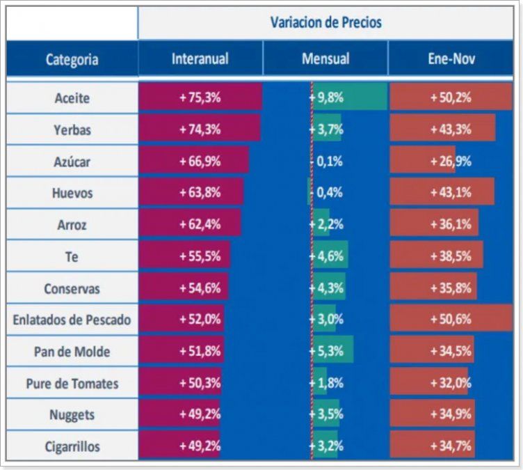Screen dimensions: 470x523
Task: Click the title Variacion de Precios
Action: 325,22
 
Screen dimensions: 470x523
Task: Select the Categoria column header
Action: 72,59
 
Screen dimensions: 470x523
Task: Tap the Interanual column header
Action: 200,58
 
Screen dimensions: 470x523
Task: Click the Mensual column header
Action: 325,58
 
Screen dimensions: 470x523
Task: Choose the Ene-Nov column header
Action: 450,58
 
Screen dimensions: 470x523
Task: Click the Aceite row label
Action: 72,98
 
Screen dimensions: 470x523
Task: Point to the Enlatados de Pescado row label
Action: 72,320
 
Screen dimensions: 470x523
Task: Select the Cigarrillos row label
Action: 72,446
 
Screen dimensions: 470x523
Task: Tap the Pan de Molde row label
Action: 72,352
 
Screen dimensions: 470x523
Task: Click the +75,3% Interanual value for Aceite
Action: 200,97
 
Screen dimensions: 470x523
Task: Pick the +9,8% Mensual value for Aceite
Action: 326,97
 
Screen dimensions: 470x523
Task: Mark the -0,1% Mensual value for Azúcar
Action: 326,161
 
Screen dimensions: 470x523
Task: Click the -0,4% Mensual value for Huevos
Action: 326,193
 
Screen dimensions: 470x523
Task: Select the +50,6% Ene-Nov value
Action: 450,320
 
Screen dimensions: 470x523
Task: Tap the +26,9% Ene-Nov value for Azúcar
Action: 450,161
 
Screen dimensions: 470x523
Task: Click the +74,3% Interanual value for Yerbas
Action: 200,130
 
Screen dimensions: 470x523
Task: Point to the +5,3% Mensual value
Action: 326,351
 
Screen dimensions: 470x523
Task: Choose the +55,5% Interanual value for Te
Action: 200,256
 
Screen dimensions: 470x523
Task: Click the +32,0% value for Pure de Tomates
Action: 450,383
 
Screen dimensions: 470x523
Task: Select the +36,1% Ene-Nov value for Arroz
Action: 450,224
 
